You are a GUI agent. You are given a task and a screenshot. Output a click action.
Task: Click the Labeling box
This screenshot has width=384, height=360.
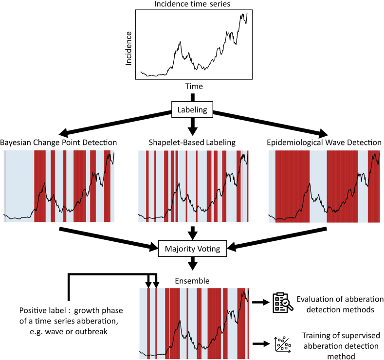(x=192, y=109)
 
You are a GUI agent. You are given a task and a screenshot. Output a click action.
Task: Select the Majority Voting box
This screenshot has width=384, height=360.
(x=193, y=249)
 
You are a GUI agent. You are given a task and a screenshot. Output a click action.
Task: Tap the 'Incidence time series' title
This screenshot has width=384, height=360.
(x=192, y=4)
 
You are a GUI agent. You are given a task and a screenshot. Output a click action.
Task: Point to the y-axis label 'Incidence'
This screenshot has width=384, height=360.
(x=128, y=49)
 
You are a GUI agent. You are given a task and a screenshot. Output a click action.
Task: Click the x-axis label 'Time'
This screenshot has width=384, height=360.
(x=194, y=86)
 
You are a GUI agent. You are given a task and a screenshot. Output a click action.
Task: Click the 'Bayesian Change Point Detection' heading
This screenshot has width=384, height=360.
(x=58, y=143)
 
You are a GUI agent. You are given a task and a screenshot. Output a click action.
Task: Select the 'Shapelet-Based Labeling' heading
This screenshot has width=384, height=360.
(x=192, y=143)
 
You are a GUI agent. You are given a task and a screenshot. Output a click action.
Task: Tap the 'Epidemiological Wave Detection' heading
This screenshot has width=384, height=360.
(x=324, y=143)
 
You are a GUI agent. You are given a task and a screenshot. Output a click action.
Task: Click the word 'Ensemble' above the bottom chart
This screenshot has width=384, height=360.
(x=192, y=281)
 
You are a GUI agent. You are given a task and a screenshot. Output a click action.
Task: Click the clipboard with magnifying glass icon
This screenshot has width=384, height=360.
(x=283, y=303)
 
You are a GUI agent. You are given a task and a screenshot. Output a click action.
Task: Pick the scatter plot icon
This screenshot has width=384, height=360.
(x=283, y=344)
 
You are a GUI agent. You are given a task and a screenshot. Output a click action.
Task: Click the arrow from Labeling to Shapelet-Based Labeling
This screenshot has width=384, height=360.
(x=193, y=126)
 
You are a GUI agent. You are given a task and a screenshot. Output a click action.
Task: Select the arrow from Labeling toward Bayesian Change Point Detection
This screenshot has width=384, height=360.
(x=115, y=124)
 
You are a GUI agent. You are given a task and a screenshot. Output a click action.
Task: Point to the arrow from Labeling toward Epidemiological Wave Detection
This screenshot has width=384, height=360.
(x=271, y=124)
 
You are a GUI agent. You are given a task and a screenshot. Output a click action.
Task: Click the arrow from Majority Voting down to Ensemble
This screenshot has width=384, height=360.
(x=193, y=263)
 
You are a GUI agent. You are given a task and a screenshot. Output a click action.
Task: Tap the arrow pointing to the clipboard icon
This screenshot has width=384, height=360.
(x=261, y=302)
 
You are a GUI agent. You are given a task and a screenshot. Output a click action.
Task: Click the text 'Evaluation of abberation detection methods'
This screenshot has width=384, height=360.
(x=340, y=305)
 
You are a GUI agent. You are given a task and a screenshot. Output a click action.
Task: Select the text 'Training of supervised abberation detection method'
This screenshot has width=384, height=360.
(x=341, y=346)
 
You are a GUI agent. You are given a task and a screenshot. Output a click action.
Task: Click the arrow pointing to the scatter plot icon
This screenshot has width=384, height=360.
(x=261, y=344)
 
